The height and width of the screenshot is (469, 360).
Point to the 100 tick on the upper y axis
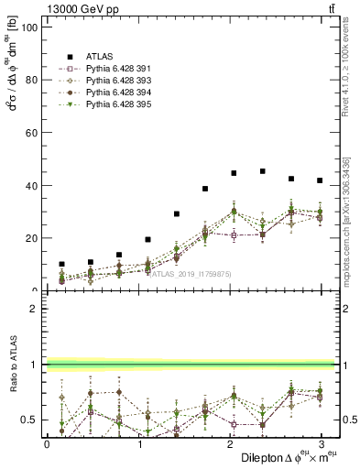(27, 27)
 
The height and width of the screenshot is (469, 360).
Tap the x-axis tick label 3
(320, 443)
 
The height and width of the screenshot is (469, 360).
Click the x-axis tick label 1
(137, 443)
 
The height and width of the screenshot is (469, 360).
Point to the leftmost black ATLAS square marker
(61, 264)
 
